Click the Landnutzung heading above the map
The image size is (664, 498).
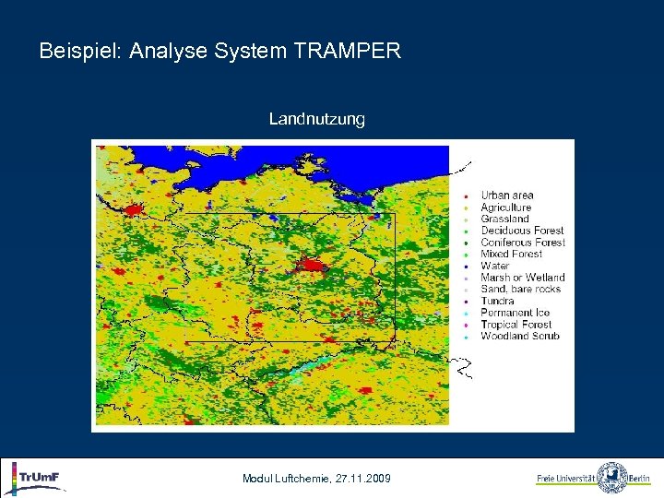(x=316, y=119)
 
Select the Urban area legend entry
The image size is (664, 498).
(x=506, y=196)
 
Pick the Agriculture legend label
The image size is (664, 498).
(x=505, y=207)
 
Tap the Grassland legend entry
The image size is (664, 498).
(x=504, y=219)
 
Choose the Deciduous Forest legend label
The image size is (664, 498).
(x=522, y=231)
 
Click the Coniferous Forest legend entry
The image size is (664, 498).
(x=523, y=243)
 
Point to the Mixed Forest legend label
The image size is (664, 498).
(x=511, y=254)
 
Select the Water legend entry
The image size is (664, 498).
(x=494, y=266)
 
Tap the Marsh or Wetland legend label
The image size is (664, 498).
(x=522, y=278)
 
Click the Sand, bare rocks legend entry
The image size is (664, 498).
(x=520, y=290)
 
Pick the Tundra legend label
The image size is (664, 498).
(x=497, y=301)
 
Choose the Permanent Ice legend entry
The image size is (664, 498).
(x=515, y=313)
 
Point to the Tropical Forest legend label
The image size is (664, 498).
(x=516, y=325)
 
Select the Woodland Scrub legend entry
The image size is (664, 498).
(x=519, y=337)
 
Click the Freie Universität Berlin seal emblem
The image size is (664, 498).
(x=611, y=478)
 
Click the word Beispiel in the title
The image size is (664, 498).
(x=81, y=51)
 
